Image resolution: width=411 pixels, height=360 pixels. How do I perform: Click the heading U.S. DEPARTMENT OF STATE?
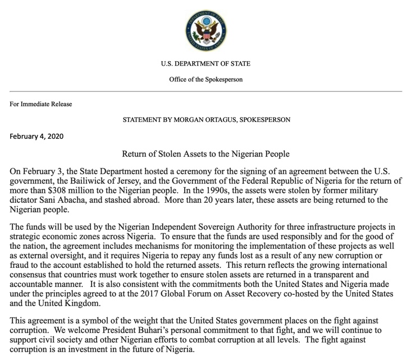(205, 63)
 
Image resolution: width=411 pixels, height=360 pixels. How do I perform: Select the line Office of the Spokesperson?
(205, 79)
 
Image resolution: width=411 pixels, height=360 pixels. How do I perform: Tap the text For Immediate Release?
(41, 104)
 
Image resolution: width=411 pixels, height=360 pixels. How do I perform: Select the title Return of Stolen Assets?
(205, 153)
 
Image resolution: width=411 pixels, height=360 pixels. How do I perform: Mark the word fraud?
(20, 266)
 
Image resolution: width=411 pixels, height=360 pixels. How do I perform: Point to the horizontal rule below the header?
(205, 91)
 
